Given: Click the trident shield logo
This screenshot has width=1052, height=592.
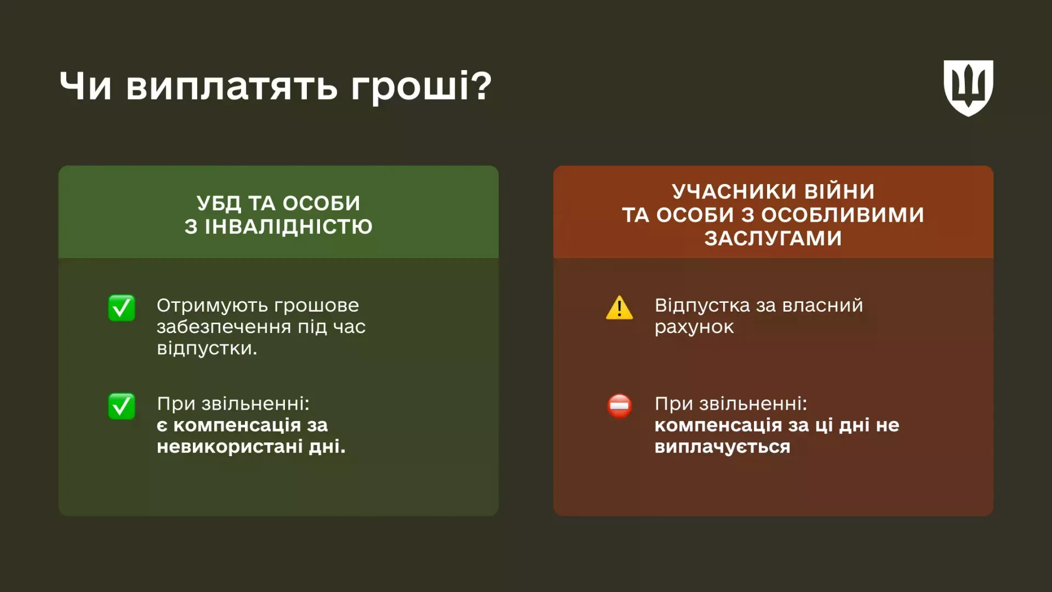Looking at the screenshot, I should (x=968, y=88).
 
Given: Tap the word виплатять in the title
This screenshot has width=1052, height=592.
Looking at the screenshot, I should (x=232, y=87).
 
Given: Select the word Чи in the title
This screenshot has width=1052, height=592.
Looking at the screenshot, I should (x=85, y=87).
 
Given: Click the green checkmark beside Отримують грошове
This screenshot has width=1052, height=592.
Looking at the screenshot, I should (x=122, y=308).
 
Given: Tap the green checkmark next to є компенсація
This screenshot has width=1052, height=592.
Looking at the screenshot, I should (x=122, y=406).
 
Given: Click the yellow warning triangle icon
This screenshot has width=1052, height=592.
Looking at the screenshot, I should (x=619, y=308).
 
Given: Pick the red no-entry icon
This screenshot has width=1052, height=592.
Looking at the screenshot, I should (x=619, y=406).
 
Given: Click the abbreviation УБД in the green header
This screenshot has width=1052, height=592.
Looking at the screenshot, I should (x=219, y=204).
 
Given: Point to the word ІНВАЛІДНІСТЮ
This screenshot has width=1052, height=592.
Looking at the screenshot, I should (x=288, y=227).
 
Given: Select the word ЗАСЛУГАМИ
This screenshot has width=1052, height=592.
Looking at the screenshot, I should (x=773, y=238).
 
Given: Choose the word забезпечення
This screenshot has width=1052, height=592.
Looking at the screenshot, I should (x=224, y=327).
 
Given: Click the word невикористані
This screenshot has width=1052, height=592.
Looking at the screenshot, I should (x=230, y=447).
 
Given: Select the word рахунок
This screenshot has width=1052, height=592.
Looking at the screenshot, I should (x=694, y=327).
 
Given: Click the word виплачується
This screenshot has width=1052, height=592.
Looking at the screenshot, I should (x=722, y=447).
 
